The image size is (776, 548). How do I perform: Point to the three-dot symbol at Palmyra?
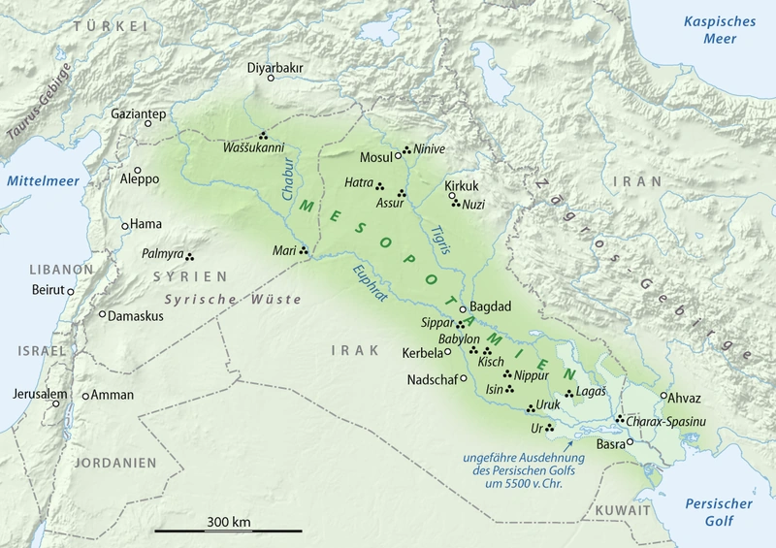point(190,257)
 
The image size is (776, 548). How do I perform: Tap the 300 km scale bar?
point(228,530)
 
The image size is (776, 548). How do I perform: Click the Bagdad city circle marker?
point(464,308)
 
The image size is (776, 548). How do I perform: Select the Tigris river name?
point(437,239)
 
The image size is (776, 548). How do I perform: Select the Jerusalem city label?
point(40,394)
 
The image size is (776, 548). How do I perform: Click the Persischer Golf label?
point(719,513)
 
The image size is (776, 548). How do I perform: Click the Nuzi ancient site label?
point(472,205)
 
